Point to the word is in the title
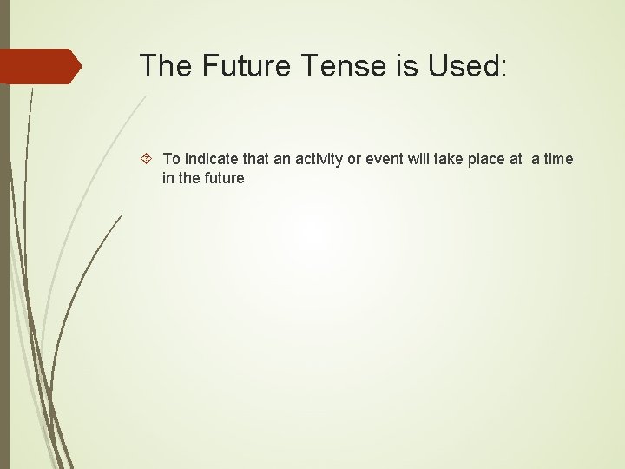pyautogui.click(x=409, y=65)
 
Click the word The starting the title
pyautogui.click(x=164, y=65)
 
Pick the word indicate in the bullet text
pyautogui.click(x=209, y=159)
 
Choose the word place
pyautogui.click(x=499, y=159)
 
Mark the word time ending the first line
pyautogui.click(x=558, y=159)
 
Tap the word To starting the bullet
pyautogui.click(x=172, y=159)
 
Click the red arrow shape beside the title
pyautogui.click(x=40, y=66)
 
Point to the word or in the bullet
pyautogui.click(x=364, y=159)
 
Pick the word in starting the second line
pyautogui.click(x=168, y=178)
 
